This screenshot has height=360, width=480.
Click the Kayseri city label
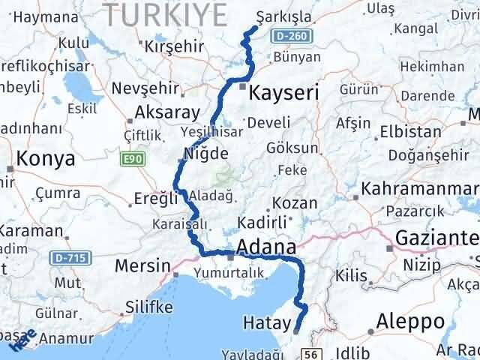(283, 93)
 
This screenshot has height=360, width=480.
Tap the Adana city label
(265, 247)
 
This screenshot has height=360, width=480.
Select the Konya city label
(46, 159)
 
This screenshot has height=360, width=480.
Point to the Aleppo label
(410, 321)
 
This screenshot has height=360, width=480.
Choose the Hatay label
(266, 323)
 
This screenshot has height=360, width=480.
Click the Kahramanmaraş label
(421, 187)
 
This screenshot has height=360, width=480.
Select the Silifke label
(148, 307)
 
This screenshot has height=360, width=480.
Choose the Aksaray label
(167, 114)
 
